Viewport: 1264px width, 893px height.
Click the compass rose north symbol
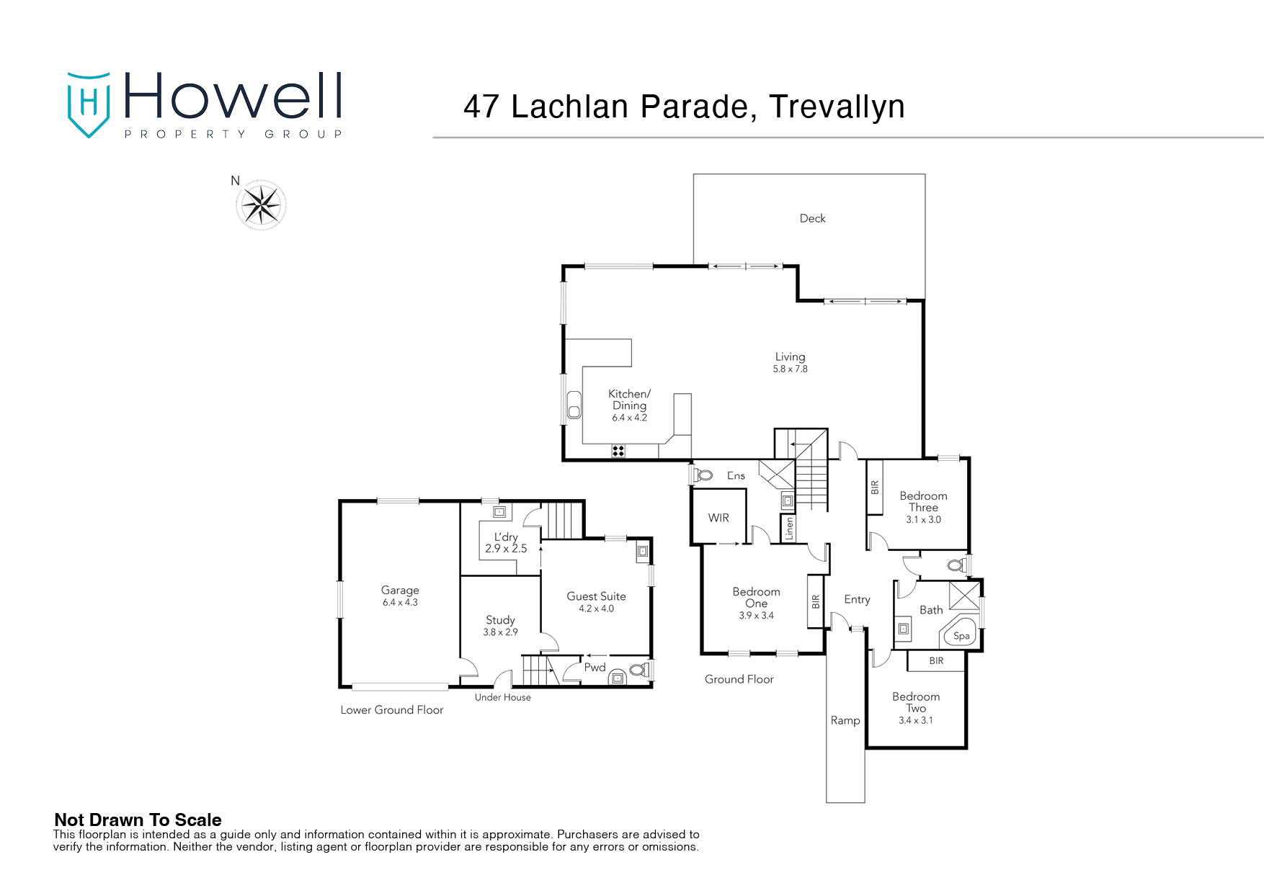261,205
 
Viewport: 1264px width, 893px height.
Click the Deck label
812,218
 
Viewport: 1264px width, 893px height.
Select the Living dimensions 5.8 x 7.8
790,369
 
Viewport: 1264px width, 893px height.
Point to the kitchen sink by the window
574,405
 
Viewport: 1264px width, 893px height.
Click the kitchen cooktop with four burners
618,452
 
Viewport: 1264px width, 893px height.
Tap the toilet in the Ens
703,475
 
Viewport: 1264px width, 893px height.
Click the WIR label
718,518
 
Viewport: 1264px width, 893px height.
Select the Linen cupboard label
789,528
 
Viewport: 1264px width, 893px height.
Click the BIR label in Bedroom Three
875,488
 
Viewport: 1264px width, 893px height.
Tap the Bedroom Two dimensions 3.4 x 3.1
915,720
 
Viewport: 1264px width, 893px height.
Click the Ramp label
845,720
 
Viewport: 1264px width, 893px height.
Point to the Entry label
857,599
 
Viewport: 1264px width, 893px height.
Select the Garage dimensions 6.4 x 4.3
400,602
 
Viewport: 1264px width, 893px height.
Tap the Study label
500,620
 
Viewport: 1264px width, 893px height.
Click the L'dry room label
506,537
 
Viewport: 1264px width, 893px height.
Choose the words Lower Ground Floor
391,710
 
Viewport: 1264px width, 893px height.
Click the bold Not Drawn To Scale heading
138,820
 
